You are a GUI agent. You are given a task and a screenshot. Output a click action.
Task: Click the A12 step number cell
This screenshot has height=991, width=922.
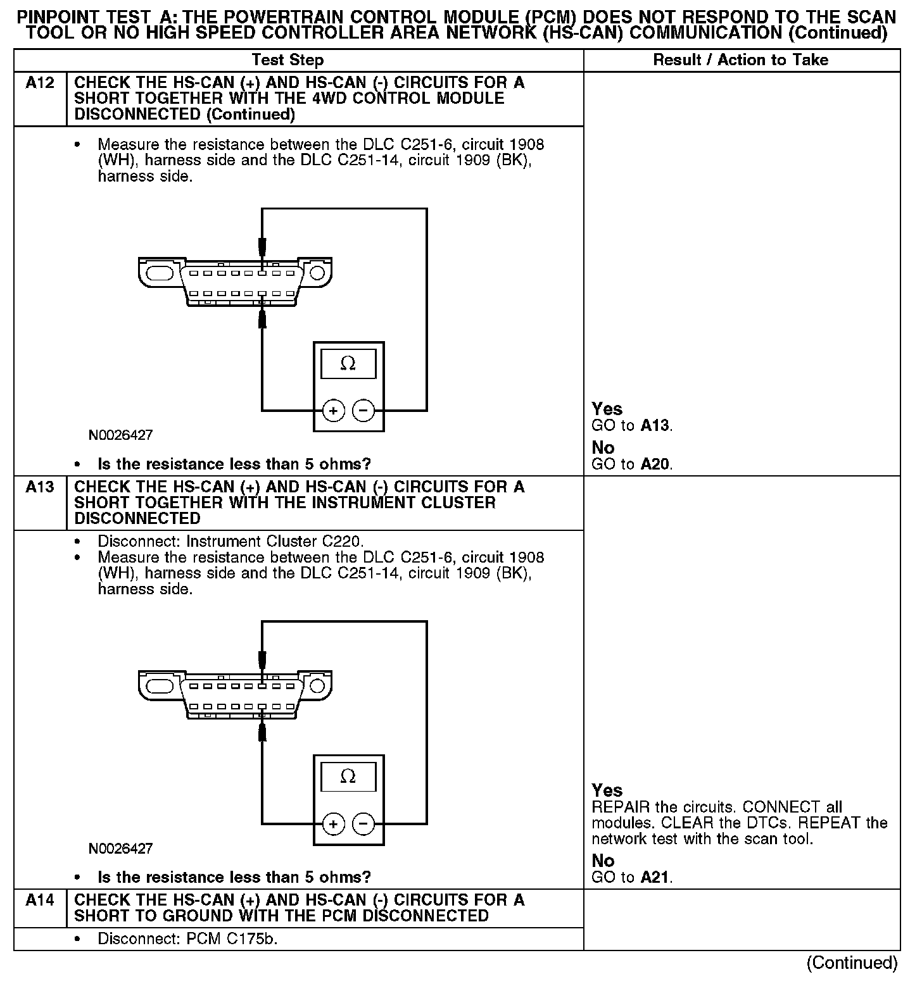pyautogui.click(x=39, y=83)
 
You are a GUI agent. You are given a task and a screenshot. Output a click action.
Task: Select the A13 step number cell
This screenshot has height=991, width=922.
pyautogui.click(x=39, y=487)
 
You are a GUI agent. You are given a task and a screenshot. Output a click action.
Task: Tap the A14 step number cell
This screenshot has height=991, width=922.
pyautogui.click(x=39, y=900)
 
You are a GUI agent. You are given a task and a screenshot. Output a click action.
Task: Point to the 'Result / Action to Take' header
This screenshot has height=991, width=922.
pyautogui.click(x=740, y=60)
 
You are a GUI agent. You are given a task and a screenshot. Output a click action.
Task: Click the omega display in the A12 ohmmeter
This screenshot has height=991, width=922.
pyautogui.click(x=348, y=364)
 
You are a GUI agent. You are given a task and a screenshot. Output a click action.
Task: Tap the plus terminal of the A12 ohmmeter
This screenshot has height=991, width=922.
pyautogui.click(x=333, y=411)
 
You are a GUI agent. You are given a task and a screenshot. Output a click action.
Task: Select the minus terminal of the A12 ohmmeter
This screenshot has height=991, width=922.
pyautogui.click(x=363, y=411)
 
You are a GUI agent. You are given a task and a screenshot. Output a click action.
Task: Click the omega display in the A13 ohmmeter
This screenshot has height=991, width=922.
pyautogui.click(x=348, y=776)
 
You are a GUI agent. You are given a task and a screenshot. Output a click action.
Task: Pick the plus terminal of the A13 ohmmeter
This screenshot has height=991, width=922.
pyautogui.click(x=333, y=824)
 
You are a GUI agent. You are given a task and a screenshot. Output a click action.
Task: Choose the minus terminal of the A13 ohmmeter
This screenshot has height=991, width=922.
pyautogui.click(x=363, y=824)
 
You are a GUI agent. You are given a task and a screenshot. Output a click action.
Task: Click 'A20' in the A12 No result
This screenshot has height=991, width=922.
pyautogui.click(x=655, y=464)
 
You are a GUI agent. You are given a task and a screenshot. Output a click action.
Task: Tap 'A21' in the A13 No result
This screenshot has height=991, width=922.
pyautogui.click(x=655, y=877)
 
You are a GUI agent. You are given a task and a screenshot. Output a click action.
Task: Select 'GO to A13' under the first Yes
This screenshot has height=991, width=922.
pyautogui.click(x=631, y=425)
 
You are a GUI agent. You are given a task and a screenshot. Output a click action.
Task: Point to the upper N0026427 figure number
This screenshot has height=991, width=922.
pyautogui.click(x=120, y=435)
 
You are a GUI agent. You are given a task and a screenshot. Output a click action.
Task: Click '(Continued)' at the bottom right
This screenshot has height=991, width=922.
pyautogui.click(x=852, y=963)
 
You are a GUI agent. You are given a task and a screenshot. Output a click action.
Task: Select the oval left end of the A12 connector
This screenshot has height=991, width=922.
pyautogui.click(x=159, y=273)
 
